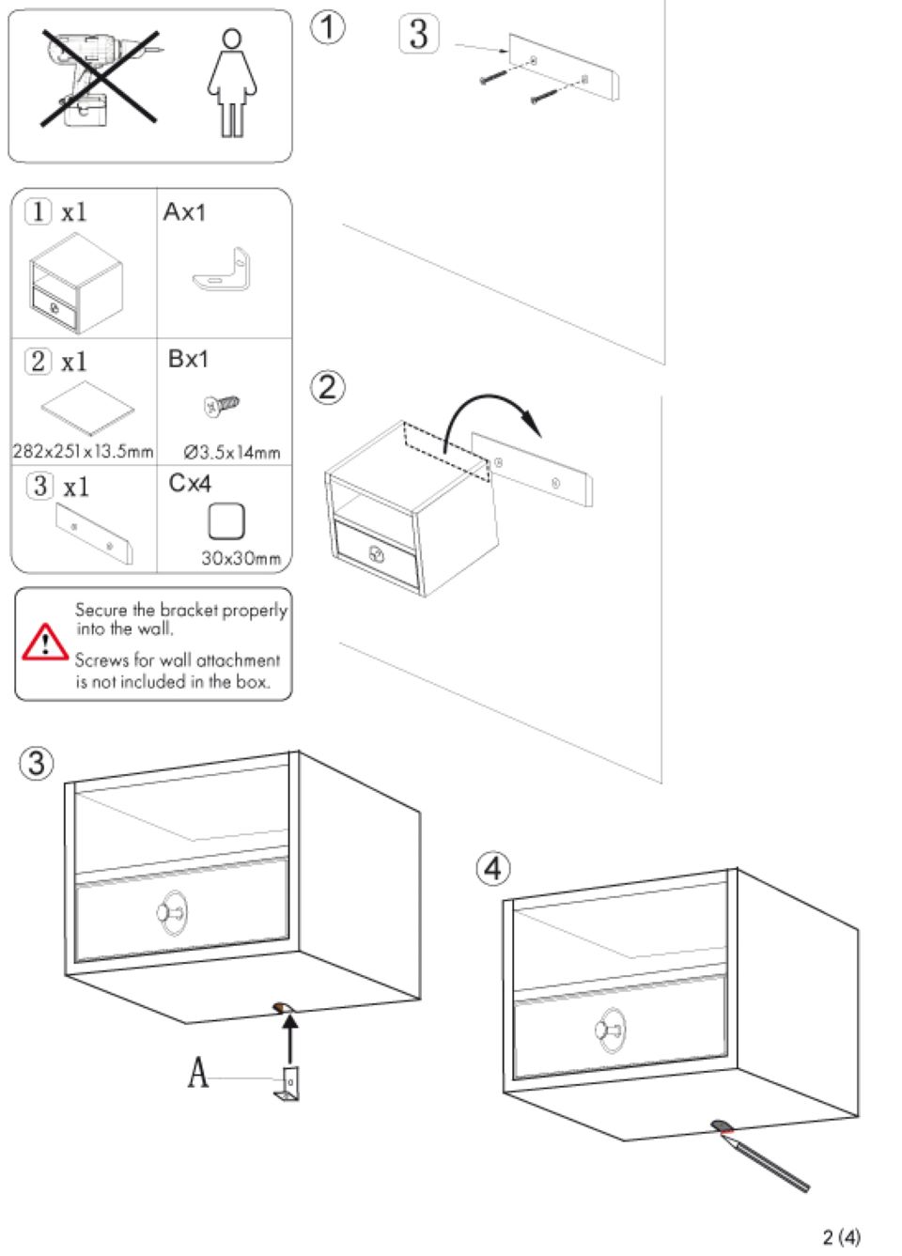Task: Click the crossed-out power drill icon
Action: (x=98, y=78)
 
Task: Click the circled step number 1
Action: (x=327, y=27)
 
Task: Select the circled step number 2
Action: (x=328, y=387)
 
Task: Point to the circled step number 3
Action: (x=37, y=762)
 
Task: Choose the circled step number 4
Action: (x=493, y=868)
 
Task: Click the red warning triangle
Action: (x=44, y=643)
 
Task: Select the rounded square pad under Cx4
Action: (x=226, y=521)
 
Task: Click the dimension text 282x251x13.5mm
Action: (x=83, y=452)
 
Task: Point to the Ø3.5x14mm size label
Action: (x=232, y=453)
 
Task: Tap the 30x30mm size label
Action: (x=241, y=558)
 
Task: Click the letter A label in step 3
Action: (x=198, y=1072)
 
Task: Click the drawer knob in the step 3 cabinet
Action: (x=172, y=912)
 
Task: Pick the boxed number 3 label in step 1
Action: (x=419, y=35)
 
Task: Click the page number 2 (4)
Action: (x=841, y=1236)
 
